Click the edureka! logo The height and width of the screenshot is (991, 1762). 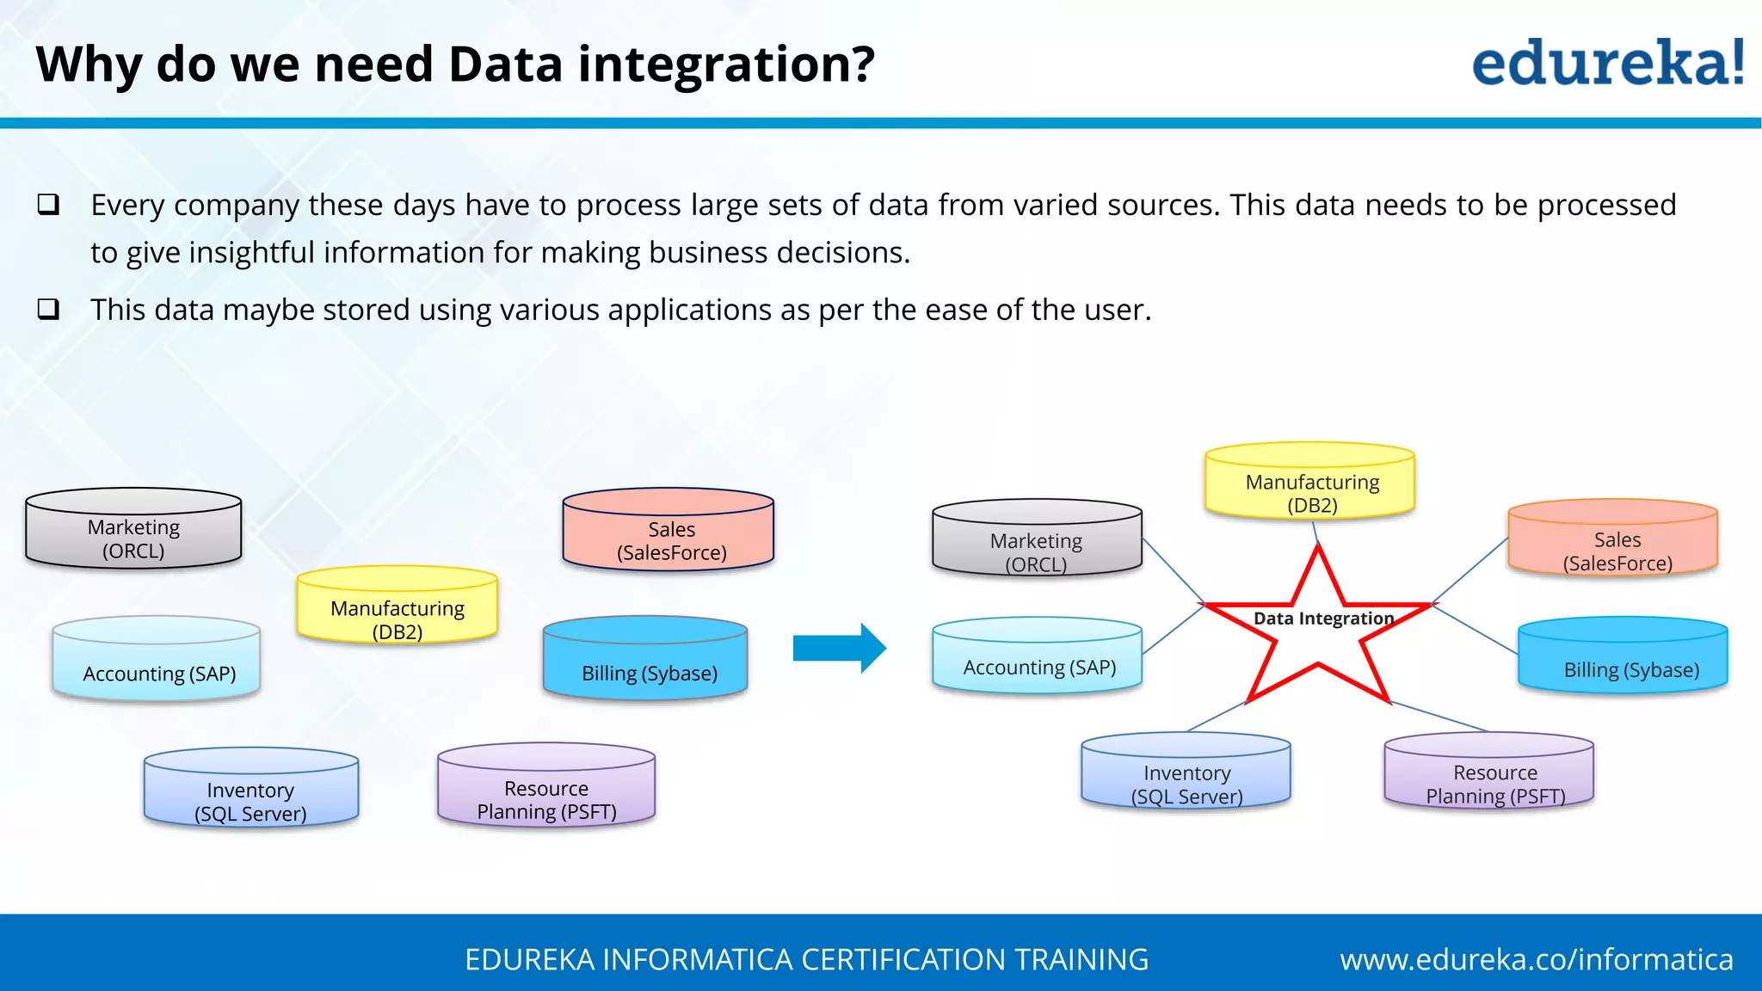(x=1607, y=64)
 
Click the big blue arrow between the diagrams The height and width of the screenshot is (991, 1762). (x=838, y=648)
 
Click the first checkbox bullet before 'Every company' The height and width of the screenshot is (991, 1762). (x=49, y=205)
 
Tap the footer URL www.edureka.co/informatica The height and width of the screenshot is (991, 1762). (x=1537, y=959)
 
